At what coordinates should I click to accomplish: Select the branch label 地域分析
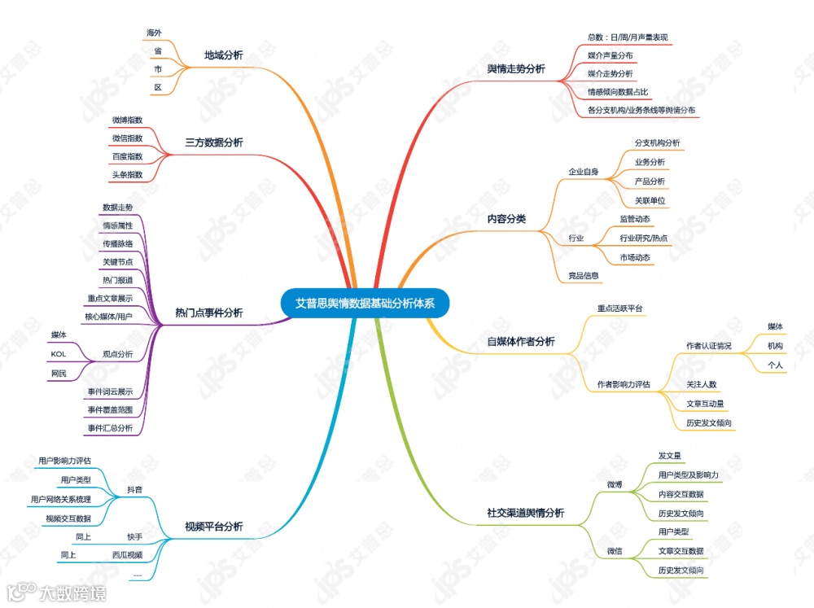pos(223,55)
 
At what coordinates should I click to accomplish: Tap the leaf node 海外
pos(154,33)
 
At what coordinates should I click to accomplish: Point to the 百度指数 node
pos(127,156)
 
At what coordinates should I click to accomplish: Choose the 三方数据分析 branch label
pos(214,142)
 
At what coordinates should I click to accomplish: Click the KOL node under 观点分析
pos(59,354)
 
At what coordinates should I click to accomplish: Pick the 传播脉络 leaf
pos(117,243)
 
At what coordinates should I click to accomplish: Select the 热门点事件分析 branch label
pos(209,313)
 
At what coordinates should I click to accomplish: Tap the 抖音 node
pos(134,489)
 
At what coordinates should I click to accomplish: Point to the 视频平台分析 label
pos(214,527)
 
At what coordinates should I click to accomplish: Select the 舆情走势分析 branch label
pos(516,69)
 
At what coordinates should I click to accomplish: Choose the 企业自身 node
pos(583,172)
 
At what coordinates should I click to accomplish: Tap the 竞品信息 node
pos(584,275)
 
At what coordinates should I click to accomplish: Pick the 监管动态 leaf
pos(635,220)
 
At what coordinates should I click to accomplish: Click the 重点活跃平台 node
pos(620,308)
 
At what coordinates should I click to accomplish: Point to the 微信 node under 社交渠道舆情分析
pos(614,551)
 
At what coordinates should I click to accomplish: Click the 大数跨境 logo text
pos(73,592)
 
